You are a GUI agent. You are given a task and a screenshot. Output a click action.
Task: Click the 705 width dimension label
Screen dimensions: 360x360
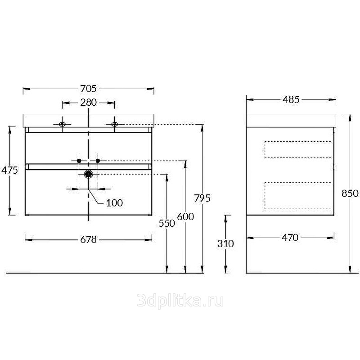click(88, 89)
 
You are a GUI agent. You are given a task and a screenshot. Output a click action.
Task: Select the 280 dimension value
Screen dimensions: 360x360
click(88, 103)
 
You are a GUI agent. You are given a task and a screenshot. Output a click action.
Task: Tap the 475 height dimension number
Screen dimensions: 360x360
click(9, 170)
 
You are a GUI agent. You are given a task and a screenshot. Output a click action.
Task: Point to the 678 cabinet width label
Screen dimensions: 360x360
click(88, 240)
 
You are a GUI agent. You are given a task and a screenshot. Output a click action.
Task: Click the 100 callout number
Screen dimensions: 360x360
click(114, 203)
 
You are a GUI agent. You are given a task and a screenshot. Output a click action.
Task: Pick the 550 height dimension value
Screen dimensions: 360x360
click(167, 223)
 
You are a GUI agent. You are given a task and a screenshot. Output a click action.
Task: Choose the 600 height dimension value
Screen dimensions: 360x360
click(185, 216)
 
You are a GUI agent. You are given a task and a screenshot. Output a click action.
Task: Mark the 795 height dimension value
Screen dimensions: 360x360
click(202, 198)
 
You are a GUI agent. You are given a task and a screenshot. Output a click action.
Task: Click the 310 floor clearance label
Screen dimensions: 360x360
click(226, 243)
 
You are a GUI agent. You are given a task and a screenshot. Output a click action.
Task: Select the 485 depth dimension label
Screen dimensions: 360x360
click(291, 99)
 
